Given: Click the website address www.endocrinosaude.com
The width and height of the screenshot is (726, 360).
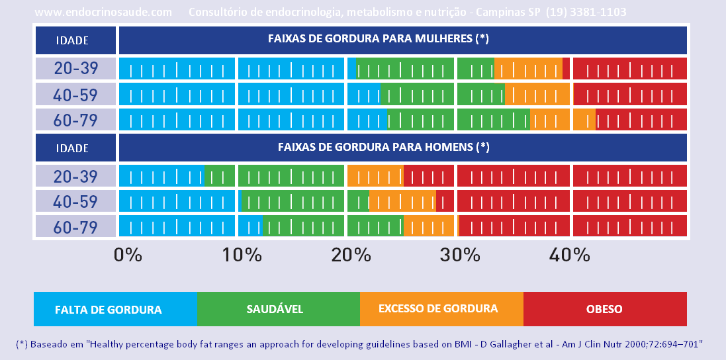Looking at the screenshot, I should (x=103, y=12).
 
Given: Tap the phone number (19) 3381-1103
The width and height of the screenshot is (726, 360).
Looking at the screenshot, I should (x=586, y=12).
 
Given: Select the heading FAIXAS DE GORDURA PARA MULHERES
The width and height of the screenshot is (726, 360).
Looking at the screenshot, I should (x=378, y=38).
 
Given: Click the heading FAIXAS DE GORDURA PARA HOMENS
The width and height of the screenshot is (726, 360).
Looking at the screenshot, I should (x=378, y=146).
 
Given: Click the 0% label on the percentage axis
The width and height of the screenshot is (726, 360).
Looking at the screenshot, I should (x=128, y=255).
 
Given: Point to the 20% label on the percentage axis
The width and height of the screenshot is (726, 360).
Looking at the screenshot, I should (x=348, y=255).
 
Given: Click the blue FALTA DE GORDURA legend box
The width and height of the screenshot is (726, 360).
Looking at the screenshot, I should (x=115, y=309).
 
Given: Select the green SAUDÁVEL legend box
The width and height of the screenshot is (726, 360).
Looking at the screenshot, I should (x=278, y=309).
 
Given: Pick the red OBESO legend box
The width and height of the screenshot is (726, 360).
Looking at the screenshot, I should (x=604, y=309).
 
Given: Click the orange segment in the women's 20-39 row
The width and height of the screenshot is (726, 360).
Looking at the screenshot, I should (x=528, y=69).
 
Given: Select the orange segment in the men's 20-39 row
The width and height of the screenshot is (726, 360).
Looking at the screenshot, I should (x=375, y=176).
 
